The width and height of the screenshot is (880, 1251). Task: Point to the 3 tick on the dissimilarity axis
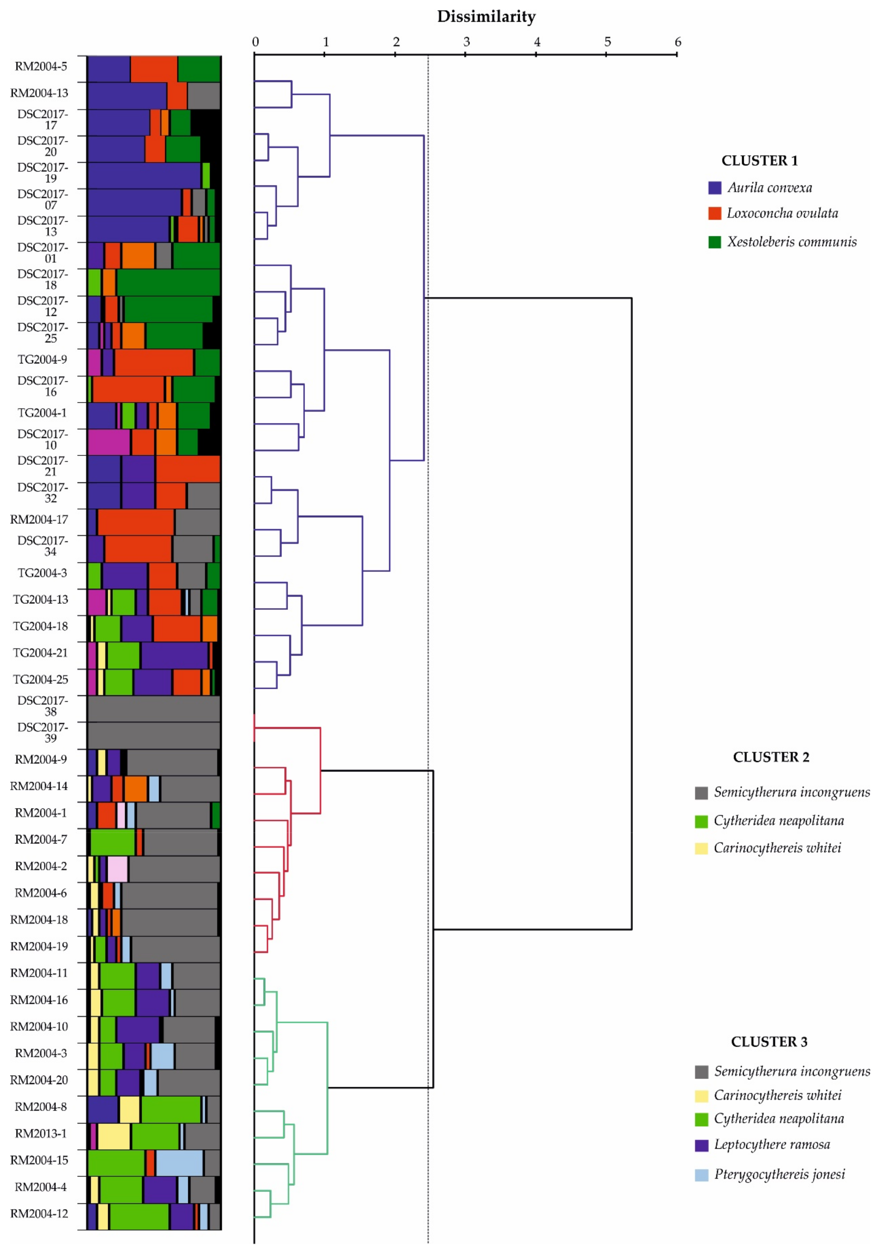(x=466, y=54)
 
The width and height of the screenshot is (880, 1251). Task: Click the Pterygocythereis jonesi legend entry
(x=779, y=1174)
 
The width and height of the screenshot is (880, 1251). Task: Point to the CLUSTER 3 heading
(x=769, y=1042)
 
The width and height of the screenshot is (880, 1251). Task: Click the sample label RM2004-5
(x=41, y=66)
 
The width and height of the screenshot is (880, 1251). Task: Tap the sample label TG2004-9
(x=43, y=360)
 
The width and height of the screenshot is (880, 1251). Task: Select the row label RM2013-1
(x=41, y=1133)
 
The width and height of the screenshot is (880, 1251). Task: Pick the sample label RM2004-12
(x=39, y=1213)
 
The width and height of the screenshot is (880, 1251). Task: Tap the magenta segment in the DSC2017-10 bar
(x=108, y=442)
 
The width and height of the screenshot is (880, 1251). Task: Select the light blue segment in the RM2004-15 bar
(x=179, y=1163)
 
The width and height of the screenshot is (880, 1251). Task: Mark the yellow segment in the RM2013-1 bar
(x=113, y=1136)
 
